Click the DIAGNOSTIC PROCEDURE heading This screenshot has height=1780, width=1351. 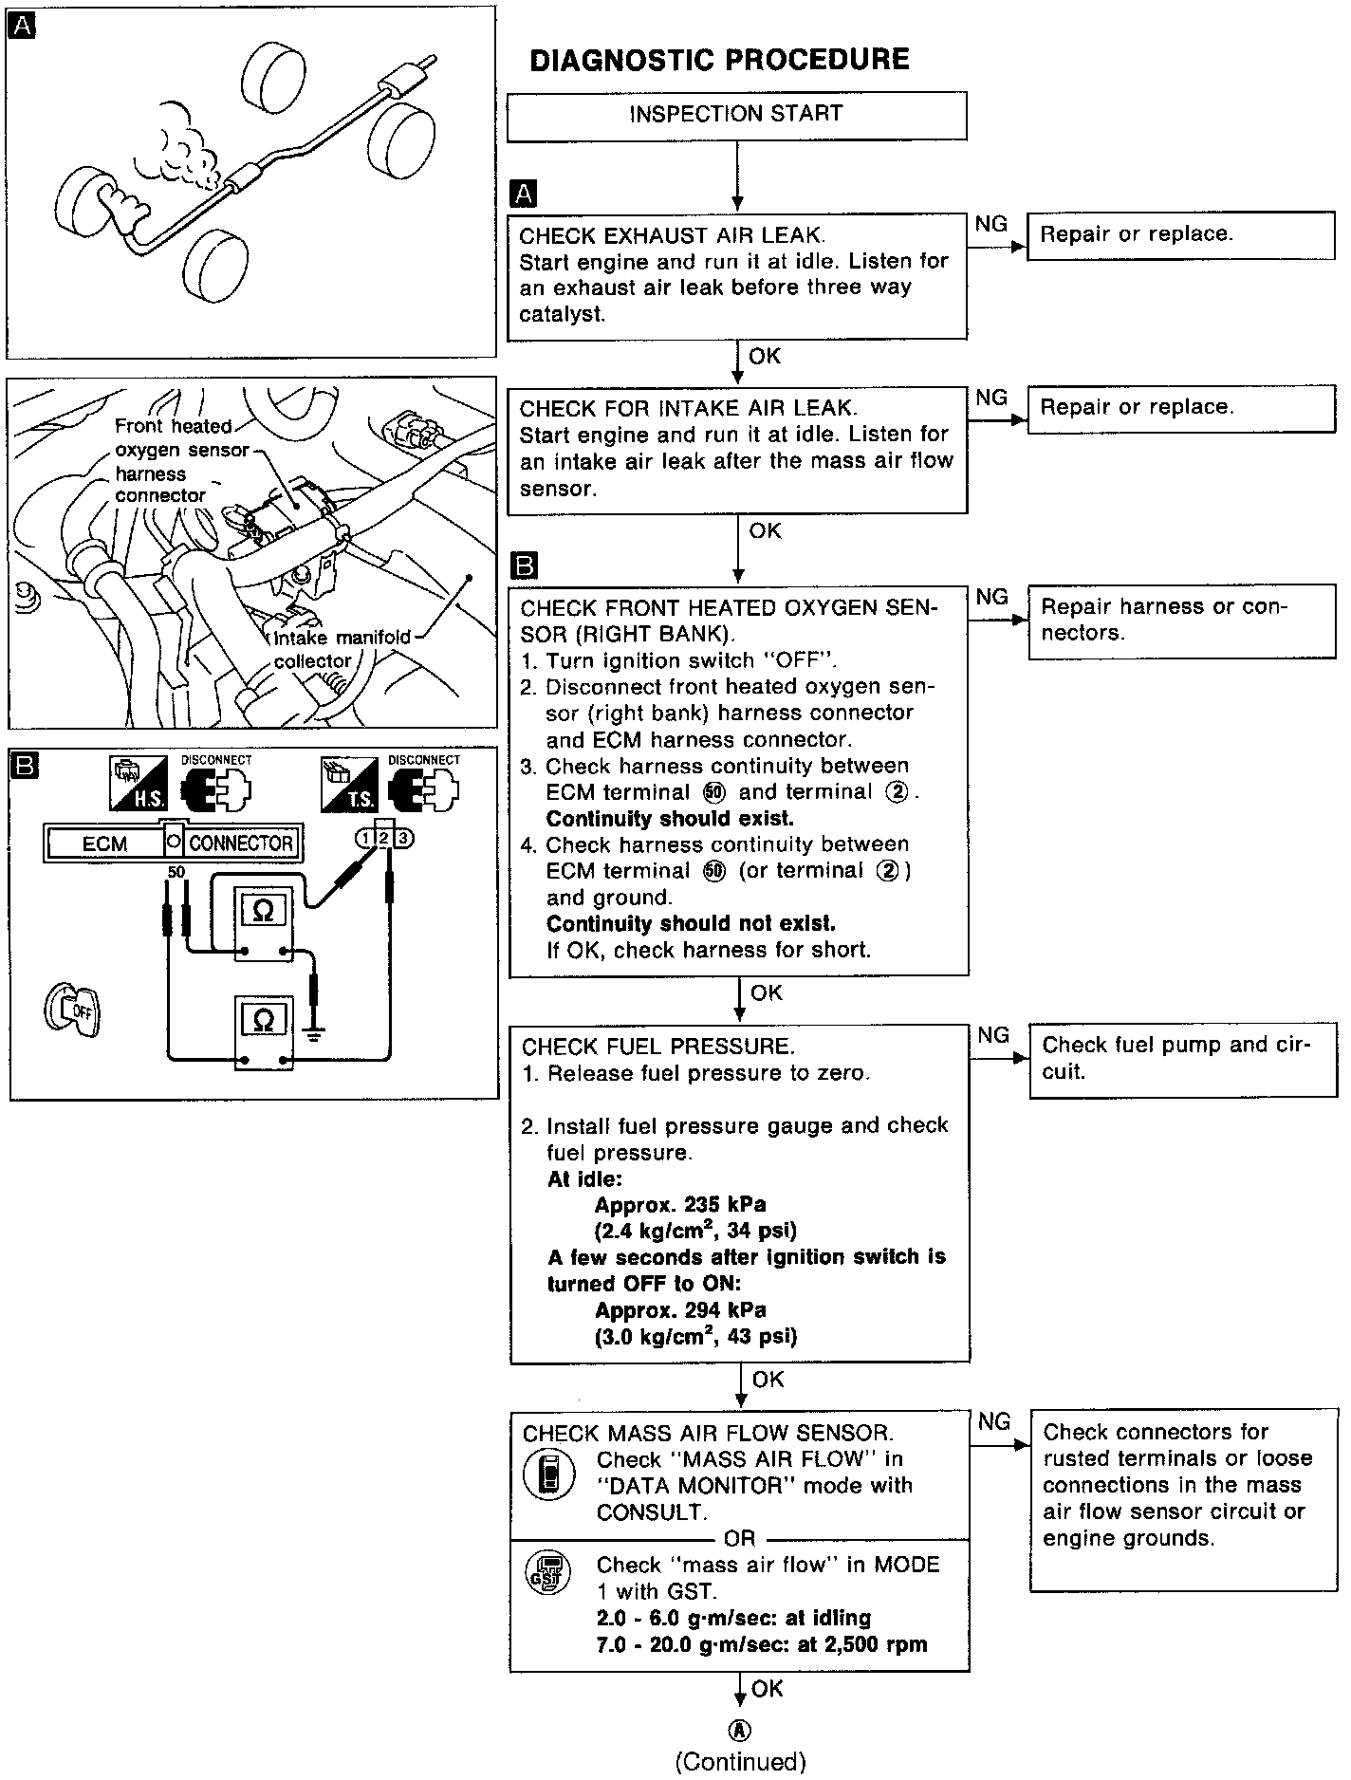point(719,60)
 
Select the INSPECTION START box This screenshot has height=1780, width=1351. point(736,115)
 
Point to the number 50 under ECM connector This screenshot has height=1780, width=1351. point(176,871)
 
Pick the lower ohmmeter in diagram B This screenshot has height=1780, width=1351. point(265,1031)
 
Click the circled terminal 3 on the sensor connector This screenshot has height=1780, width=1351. point(405,838)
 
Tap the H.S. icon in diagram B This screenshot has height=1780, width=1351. point(138,784)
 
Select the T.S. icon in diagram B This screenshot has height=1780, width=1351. point(348,784)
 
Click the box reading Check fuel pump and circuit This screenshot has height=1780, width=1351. point(1182,1060)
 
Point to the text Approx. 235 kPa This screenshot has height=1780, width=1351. point(680,1205)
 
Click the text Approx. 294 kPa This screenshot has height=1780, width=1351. point(680,1310)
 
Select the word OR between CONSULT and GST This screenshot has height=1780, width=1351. point(739,1538)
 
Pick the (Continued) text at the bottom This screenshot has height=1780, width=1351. point(740,1762)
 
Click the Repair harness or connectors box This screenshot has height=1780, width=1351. point(1181,621)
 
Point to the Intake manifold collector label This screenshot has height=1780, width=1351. point(342,649)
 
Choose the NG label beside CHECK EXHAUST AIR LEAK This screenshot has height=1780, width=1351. point(991,224)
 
